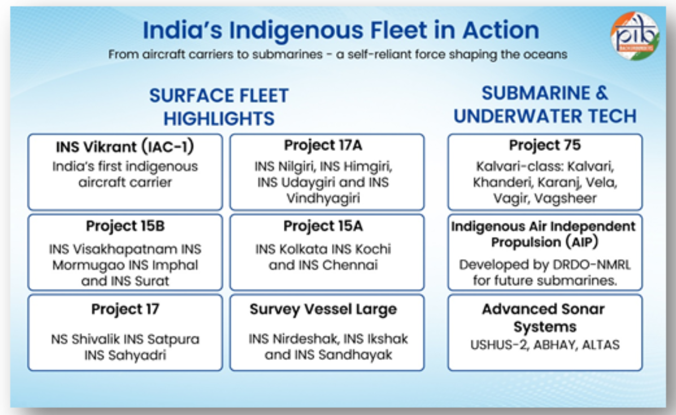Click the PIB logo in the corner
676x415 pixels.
pyautogui.click(x=634, y=36)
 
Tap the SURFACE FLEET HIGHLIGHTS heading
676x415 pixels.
pyautogui.click(x=219, y=106)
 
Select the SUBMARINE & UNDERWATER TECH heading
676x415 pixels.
pyautogui.click(x=545, y=104)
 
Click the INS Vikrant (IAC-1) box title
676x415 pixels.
pyautogui.click(x=125, y=147)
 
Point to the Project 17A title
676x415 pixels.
pyautogui.click(x=323, y=145)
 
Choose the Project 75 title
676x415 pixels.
pyautogui.click(x=545, y=145)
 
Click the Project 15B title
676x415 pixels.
pyautogui.click(x=125, y=226)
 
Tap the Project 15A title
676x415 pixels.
pyautogui.click(x=323, y=226)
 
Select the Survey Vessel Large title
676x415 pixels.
pyautogui.click(x=323, y=310)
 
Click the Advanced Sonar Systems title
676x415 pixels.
pyautogui.click(x=544, y=318)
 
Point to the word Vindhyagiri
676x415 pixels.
pyautogui.click(x=323, y=199)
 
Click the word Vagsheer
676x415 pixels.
pyautogui.click(x=566, y=199)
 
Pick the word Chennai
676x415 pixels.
pyautogui.click(x=350, y=265)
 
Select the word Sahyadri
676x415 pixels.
pyautogui.click(x=137, y=355)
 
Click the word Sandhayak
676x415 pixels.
pyautogui.click(x=355, y=355)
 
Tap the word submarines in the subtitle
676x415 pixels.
pyautogui.click(x=287, y=55)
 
